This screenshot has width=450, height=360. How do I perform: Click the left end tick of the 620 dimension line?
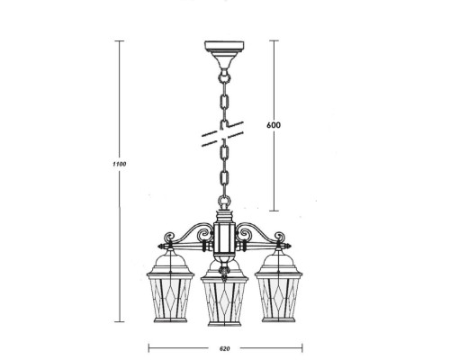148,342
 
